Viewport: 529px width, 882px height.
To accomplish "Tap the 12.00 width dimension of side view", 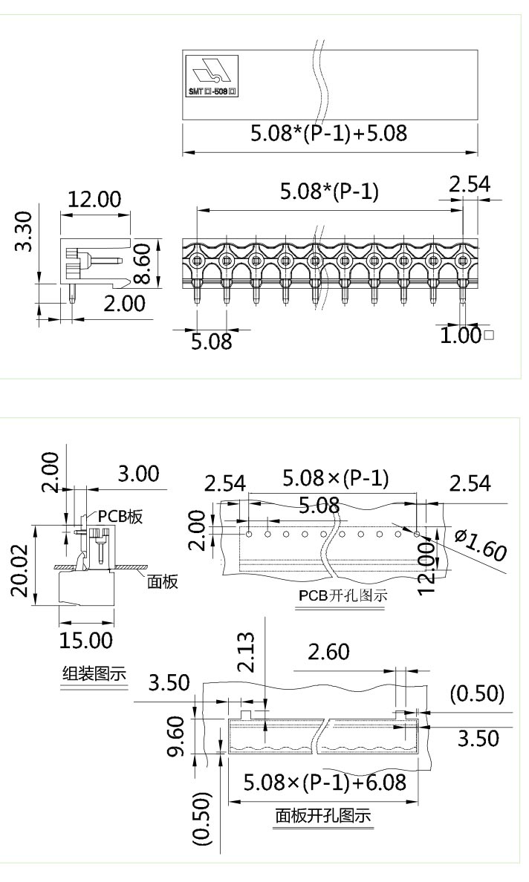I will click(94, 200).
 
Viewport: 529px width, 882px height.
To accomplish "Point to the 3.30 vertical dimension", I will click(25, 231).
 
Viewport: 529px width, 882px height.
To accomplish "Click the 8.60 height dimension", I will click(144, 264).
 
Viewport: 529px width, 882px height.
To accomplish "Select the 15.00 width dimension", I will click(85, 639).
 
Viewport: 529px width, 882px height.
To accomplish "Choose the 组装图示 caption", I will click(93, 674).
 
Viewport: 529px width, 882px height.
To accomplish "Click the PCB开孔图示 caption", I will click(339, 595).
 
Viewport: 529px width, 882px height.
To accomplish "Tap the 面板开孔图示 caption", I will click(323, 817).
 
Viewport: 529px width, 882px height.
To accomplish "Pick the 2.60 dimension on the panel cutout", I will click(328, 653).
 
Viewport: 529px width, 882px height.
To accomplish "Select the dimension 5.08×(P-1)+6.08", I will click(325, 783).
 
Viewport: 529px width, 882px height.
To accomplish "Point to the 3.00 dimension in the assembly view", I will click(138, 474).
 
